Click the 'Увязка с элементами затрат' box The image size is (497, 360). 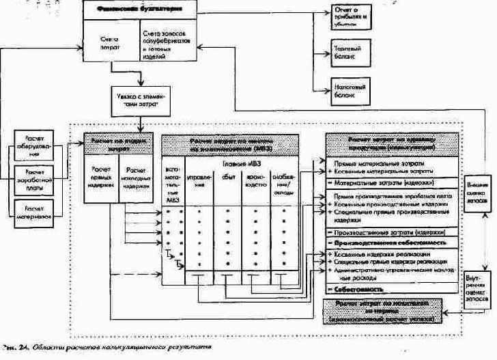pyautogui.click(x=139, y=98)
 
